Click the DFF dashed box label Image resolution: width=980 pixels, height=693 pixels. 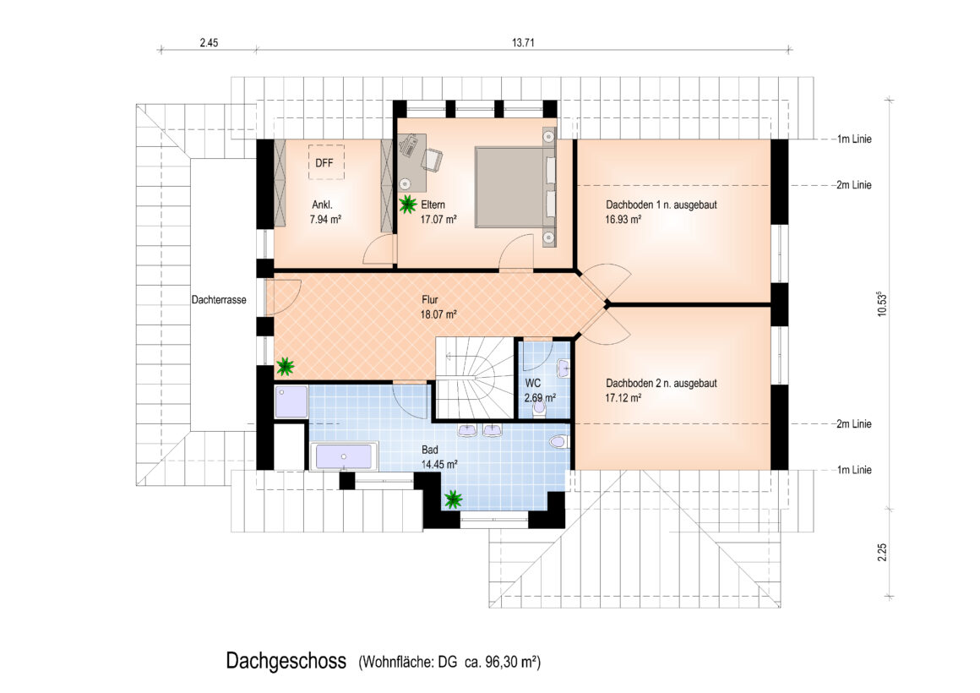(x=324, y=163)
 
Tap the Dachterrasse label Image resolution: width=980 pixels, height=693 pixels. (x=219, y=299)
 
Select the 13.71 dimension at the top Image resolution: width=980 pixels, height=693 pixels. (x=522, y=42)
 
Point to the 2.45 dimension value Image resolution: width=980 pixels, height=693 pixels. (x=209, y=42)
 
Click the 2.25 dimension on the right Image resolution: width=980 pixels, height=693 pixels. (x=882, y=552)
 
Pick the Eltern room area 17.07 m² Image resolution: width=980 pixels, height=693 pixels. (x=438, y=220)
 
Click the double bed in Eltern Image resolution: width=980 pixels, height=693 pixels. (x=514, y=187)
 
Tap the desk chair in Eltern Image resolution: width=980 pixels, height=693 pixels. (x=433, y=159)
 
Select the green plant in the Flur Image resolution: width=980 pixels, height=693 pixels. (x=285, y=366)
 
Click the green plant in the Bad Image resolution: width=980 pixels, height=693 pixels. (x=453, y=499)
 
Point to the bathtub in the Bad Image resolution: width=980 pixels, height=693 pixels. (x=343, y=456)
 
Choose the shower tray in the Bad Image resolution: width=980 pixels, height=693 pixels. (x=291, y=402)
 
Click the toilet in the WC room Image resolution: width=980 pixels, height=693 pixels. (x=539, y=408)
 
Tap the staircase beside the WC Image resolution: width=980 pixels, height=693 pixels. (x=475, y=378)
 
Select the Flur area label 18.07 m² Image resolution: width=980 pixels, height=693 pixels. (x=438, y=314)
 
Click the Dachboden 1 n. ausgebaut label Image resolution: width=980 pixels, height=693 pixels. (x=661, y=205)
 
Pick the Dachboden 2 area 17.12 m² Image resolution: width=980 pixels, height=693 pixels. (x=623, y=398)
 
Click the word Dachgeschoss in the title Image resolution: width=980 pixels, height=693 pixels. (x=286, y=661)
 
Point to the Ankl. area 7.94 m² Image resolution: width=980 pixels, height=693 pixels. (x=325, y=220)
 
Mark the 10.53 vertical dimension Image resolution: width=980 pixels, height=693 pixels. (x=882, y=304)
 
